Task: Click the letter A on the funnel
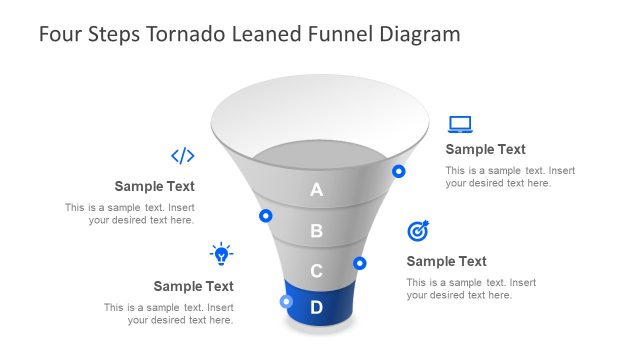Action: tap(317, 190)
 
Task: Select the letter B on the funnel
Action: tap(317, 231)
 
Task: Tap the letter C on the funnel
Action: tap(316, 270)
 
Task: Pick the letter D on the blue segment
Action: tap(316, 307)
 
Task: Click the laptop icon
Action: tap(460, 124)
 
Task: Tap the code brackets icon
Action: tap(182, 155)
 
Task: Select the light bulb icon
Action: tap(221, 253)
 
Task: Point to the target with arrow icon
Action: tap(418, 231)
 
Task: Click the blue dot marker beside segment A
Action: tap(399, 171)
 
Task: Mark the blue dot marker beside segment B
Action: tap(266, 215)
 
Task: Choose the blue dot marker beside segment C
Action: tap(360, 263)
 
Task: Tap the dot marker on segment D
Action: tap(287, 301)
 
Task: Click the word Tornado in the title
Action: tap(183, 34)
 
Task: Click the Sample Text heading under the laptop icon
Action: tap(485, 149)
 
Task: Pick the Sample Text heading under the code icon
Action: tap(154, 186)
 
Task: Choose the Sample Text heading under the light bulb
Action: tap(193, 286)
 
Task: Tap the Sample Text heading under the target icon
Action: tap(446, 261)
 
